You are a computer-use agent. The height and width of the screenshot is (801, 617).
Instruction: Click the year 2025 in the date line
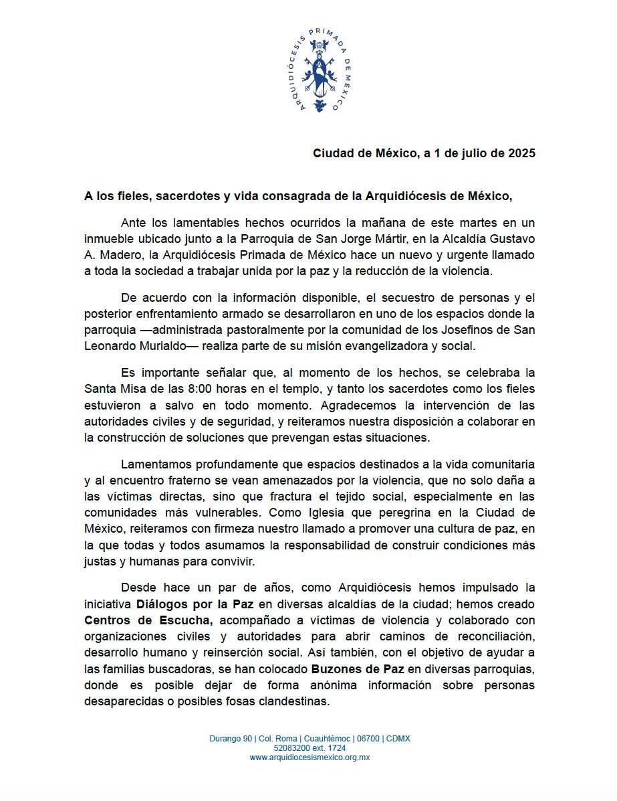click(521, 153)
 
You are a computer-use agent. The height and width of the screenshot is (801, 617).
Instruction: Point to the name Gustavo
click(513, 239)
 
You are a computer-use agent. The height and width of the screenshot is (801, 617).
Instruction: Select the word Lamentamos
click(160, 464)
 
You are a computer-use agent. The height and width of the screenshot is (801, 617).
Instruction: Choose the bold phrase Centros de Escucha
click(148, 619)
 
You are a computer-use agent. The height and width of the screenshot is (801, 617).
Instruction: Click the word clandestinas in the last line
click(297, 702)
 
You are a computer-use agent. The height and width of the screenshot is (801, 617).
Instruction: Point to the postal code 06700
click(368, 739)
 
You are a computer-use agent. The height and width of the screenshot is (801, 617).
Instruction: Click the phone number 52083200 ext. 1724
click(310, 748)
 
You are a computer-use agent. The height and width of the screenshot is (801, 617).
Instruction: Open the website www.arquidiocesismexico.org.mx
click(310, 758)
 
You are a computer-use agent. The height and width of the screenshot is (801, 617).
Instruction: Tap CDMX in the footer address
click(398, 739)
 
